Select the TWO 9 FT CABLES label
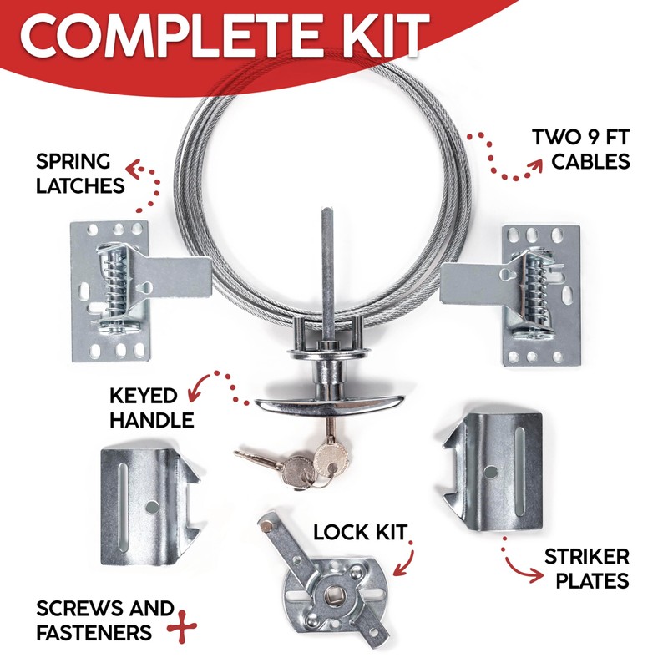(581, 148)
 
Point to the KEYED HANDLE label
(151, 407)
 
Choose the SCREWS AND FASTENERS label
(104, 620)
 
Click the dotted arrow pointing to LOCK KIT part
(404, 559)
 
